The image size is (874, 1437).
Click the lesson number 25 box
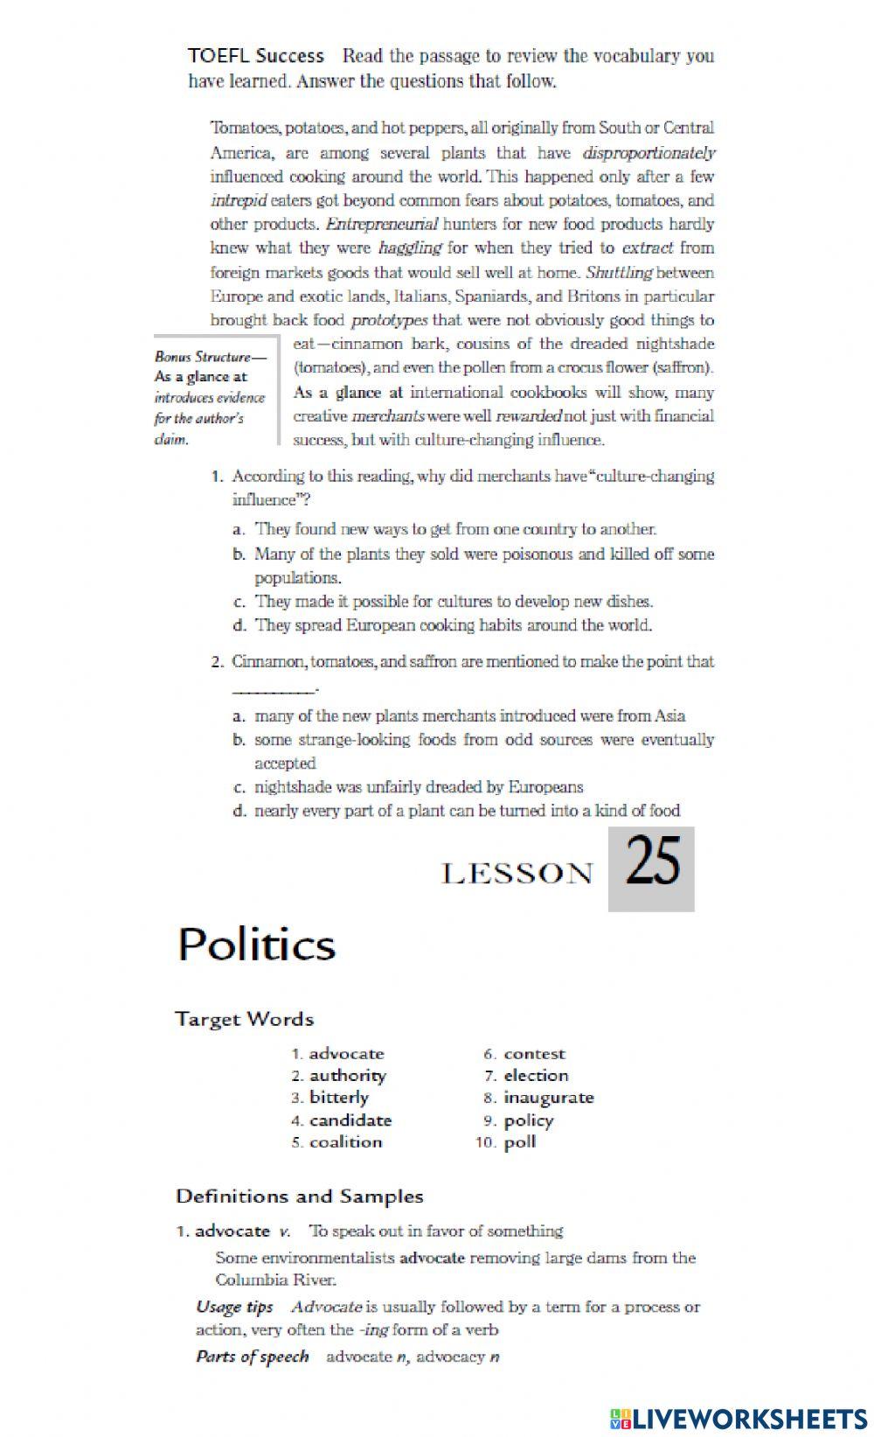point(651,868)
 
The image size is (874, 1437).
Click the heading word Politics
point(256,945)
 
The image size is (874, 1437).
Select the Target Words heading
point(244,1019)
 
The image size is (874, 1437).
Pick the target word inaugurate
point(548,1098)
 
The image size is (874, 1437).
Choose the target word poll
point(519,1142)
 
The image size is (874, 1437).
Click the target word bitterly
point(338,1098)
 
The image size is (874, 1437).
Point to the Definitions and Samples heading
point(299,1196)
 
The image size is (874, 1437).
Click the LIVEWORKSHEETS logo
point(739,1418)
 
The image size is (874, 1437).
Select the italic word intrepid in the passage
point(238,200)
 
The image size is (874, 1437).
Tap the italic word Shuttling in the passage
point(619,272)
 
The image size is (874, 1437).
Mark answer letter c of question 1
point(238,602)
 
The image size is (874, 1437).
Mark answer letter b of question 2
point(238,740)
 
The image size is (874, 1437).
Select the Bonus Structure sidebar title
point(210,356)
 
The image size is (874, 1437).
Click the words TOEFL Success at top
point(255,56)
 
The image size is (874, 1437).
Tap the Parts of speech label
point(252,1357)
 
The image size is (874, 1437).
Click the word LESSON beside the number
point(517,873)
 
